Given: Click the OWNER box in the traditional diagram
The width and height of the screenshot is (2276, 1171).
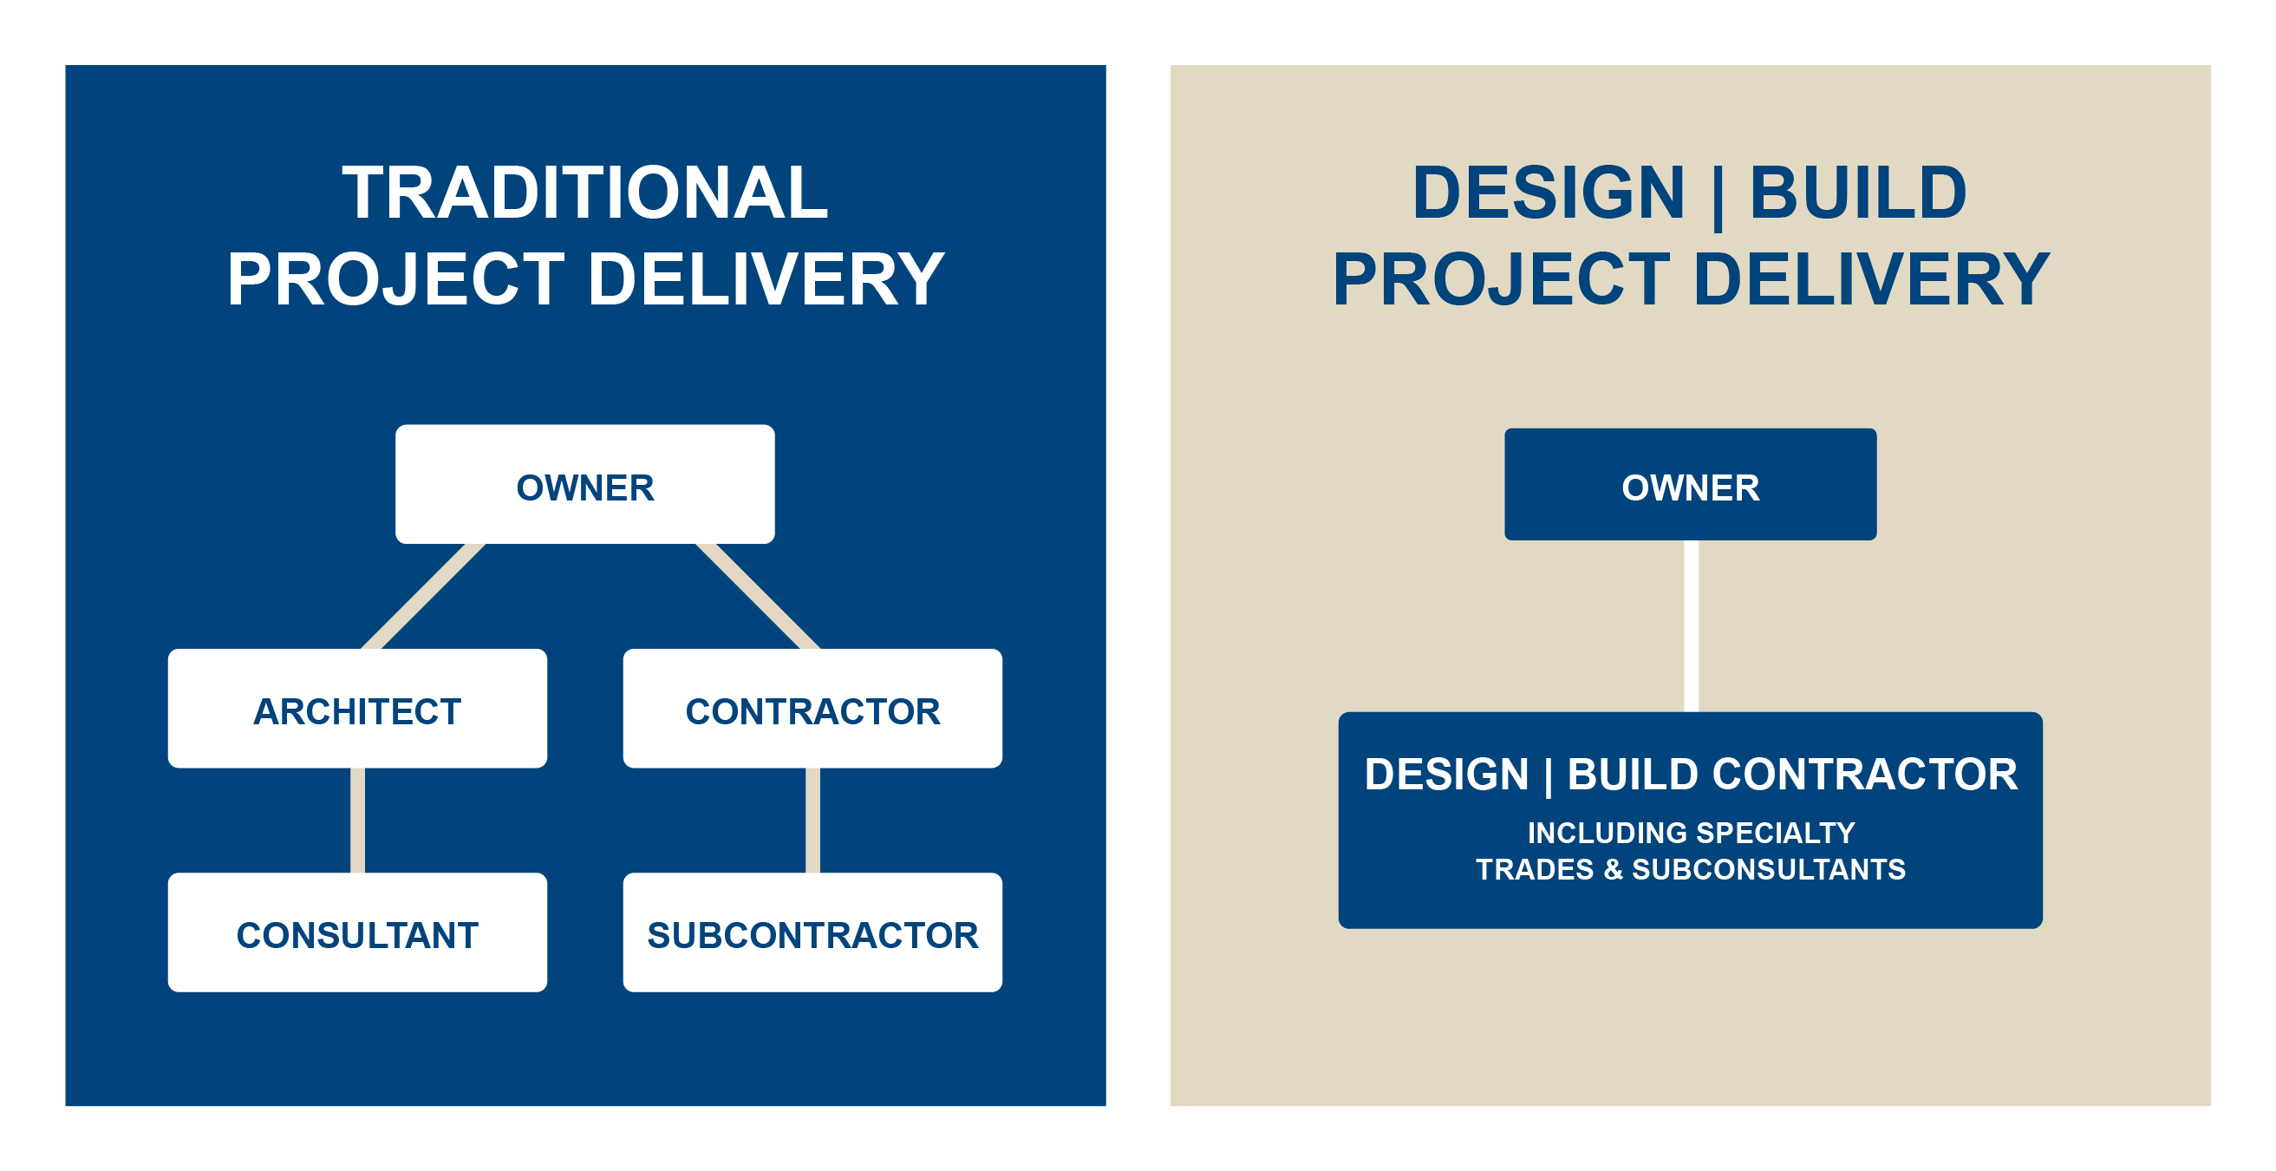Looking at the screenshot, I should pos(585,484).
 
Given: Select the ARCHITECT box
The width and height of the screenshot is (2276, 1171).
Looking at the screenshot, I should pos(357,709).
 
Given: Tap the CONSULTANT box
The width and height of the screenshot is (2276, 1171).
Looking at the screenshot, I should pos(357,932).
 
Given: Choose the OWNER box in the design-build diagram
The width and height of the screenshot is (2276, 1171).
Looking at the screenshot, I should pos(1689,484).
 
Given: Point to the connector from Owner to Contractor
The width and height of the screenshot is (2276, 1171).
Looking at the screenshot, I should pos(758,596).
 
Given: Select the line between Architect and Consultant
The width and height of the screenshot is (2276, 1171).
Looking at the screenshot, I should pos(357,821).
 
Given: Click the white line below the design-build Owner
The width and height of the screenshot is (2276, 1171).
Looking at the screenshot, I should pos(1690,625).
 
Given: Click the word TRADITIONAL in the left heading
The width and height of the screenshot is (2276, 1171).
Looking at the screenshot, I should pos(585,193).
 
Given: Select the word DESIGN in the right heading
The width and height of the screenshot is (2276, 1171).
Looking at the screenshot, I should pos(1548,193).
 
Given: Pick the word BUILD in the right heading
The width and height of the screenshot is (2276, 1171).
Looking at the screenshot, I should pos(1857,193).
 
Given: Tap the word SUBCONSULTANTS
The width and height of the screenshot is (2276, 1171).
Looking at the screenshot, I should pos(1768,870).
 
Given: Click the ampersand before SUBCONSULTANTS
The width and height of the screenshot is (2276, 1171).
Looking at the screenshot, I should pos(1614,870).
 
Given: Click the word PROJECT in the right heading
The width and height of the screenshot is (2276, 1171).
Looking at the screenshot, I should pos(1501,279).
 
